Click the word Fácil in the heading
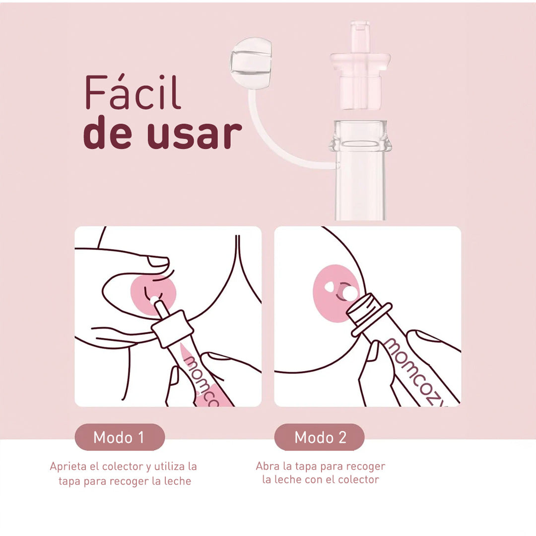point(133,92)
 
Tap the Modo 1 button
point(119,437)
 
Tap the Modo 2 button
point(320,437)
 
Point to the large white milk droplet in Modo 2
point(350,293)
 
